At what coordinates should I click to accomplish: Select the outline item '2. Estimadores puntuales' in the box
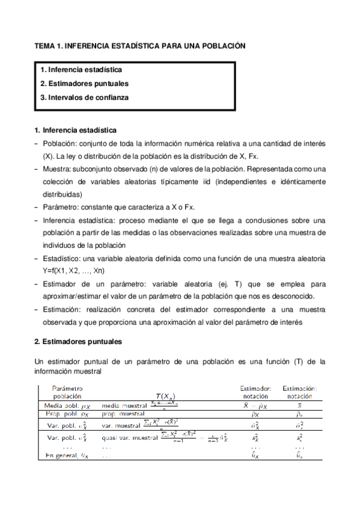click(84, 83)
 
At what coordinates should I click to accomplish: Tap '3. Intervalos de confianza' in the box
click(84, 96)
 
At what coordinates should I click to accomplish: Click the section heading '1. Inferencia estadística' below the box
click(76, 130)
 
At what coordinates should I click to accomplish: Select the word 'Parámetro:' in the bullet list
click(63, 207)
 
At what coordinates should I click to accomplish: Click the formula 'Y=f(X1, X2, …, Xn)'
click(78, 270)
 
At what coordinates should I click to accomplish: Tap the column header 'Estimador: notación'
click(255, 392)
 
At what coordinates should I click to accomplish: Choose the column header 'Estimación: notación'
click(299, 392)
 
